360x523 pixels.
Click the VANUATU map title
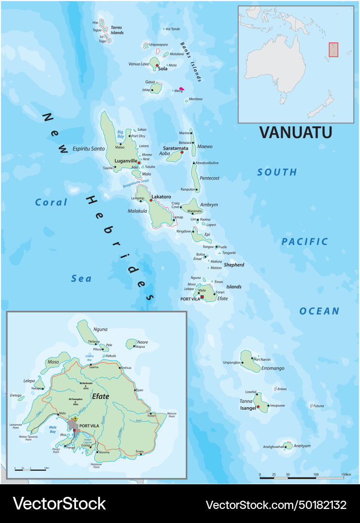pyautogui.click(x=296, y=132)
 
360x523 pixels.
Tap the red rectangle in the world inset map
pyautogui.click(x=333, y=50)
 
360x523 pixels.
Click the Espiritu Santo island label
pyautogui.click(x=89, y=149)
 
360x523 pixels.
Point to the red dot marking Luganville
pyautogui.click(x=139, y=163)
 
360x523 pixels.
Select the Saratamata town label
pyautogui.click(x=176, y=148)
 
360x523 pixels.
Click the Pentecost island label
pyautogui.click(x=210, y=178)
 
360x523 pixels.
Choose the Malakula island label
pyautogui.click(x=137, y=211)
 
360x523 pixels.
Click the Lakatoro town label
pyautogui.click(x=161, y=197)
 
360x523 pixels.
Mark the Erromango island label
pyautogui.click(x=273, y=368)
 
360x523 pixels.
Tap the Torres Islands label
pyautogui.click(x=117, y=30)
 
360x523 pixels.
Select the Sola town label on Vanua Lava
pyautogui.click(x=163, y=69)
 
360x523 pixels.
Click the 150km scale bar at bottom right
pyautogui.click(x=304, y=477)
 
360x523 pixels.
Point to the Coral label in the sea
pyautogui.click(x=51, y=202)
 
